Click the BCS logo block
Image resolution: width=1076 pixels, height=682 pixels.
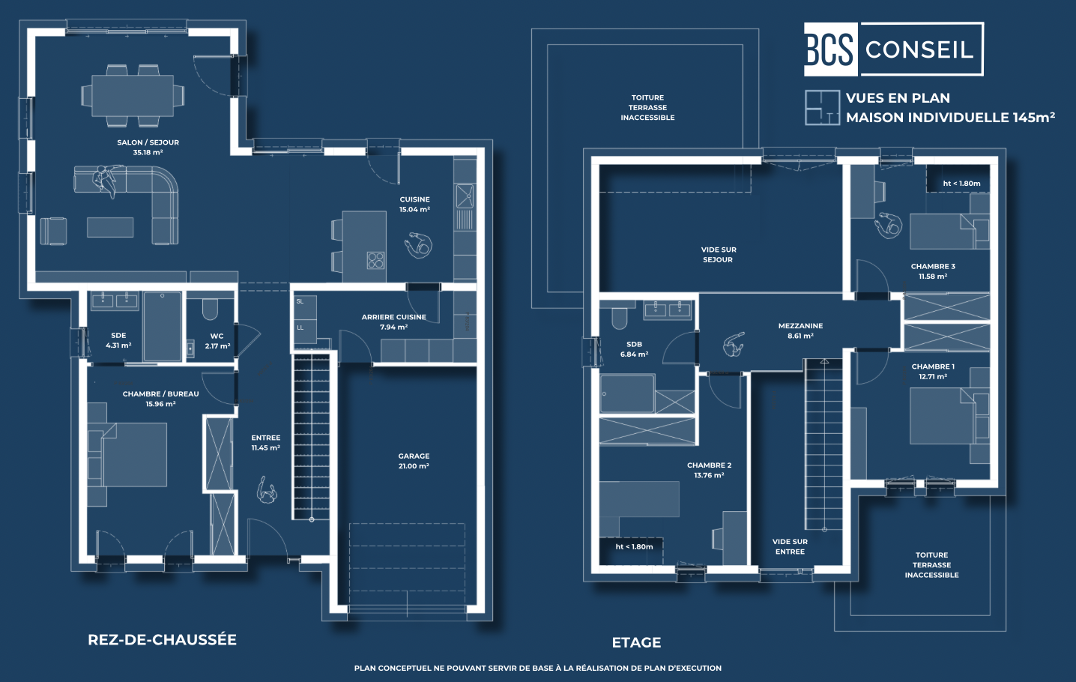click(830, 49)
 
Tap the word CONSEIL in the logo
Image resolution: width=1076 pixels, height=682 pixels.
click(919, 49)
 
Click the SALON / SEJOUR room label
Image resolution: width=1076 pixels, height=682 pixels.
click(148, 142)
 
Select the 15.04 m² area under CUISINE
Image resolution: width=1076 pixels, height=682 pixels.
click(414, 210)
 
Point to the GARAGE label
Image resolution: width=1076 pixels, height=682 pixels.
click(414, 456)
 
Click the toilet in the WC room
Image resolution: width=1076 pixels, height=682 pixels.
click(210, 310)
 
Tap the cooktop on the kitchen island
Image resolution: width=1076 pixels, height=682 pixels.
click(375, 260)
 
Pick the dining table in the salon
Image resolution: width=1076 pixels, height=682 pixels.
click(133, 95)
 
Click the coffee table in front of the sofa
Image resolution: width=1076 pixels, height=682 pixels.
click(110, 227)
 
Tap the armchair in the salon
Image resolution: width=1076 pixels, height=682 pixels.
click(53, 231)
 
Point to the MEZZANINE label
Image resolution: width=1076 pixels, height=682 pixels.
click(801, 326)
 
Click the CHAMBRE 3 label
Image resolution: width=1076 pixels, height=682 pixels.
click(933, 266)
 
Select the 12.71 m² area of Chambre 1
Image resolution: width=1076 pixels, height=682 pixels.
click(933, 377)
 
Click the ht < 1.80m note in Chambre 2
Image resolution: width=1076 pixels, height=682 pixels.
click(634, 546)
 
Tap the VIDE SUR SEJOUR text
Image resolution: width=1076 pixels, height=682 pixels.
click(719, 255)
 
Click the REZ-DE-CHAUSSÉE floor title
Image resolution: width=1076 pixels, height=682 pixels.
click(163, 640)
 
